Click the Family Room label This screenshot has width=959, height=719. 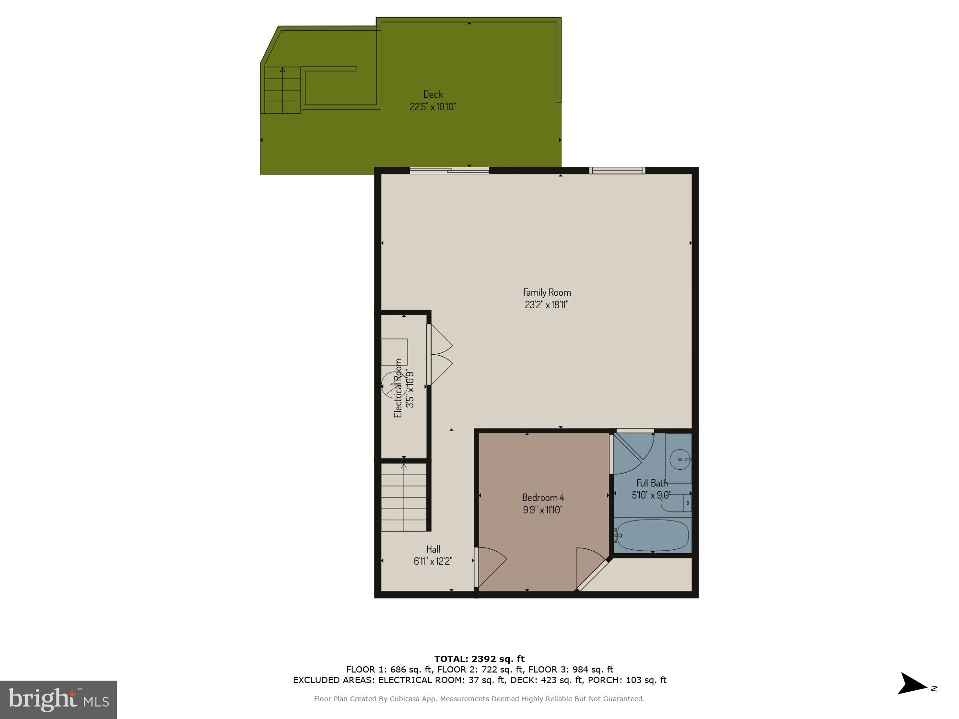547,292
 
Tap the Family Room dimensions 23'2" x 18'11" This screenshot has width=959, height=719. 547,305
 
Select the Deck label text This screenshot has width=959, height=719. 433,94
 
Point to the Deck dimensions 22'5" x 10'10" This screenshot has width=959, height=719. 433,106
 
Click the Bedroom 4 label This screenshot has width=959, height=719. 543,498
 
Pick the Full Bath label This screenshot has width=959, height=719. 652,483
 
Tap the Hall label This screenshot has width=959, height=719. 433,549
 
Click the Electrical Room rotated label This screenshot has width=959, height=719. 398,388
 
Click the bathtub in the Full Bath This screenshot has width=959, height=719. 653,535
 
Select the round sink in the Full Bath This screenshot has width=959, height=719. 679,459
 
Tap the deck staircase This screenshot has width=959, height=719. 282,90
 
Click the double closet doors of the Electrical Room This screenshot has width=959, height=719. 439,355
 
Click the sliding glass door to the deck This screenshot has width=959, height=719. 449,170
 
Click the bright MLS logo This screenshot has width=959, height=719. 58,699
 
